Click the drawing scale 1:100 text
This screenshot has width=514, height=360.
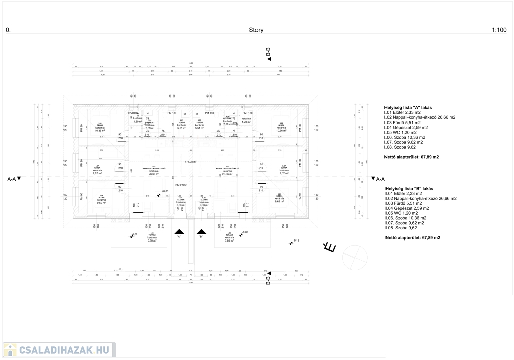point(499,30)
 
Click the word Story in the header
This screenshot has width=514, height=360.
point(256,30)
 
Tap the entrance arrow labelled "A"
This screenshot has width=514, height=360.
point(178,232)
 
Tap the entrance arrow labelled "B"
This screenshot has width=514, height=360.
point(201,232)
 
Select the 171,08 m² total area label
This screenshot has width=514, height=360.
point(190,162)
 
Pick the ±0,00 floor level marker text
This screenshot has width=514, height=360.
point(164,191)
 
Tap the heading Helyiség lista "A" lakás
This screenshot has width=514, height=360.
point(408,107)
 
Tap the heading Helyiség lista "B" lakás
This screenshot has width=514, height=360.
point(408,188)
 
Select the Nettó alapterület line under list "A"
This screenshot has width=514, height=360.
point(412,157)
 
